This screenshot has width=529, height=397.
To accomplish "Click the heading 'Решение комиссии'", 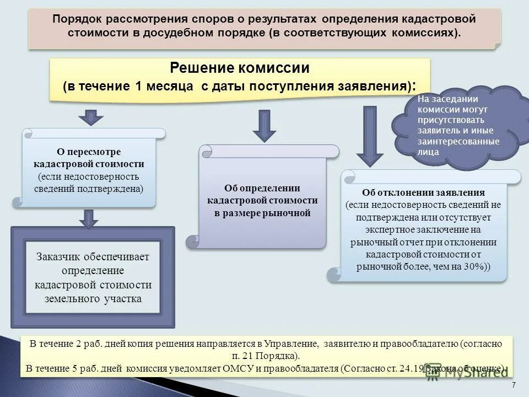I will tap(240, 68).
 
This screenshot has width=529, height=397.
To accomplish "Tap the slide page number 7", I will tap(514, 384).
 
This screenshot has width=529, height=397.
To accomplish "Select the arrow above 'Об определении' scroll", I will tap(264, 126).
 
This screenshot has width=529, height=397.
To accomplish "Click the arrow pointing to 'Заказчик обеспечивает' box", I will tap(88, 218).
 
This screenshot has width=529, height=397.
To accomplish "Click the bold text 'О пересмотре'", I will tap(89, 152).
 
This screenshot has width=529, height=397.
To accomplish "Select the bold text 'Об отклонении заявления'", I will tap(423, 193).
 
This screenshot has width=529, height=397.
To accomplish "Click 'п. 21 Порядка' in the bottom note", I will tap(265, 355).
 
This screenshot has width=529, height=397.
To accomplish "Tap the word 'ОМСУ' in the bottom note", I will tap(254, 368).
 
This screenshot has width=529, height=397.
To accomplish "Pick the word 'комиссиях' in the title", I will tap(430, 33).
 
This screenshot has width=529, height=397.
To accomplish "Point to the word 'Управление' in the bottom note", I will tap(290, 344).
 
